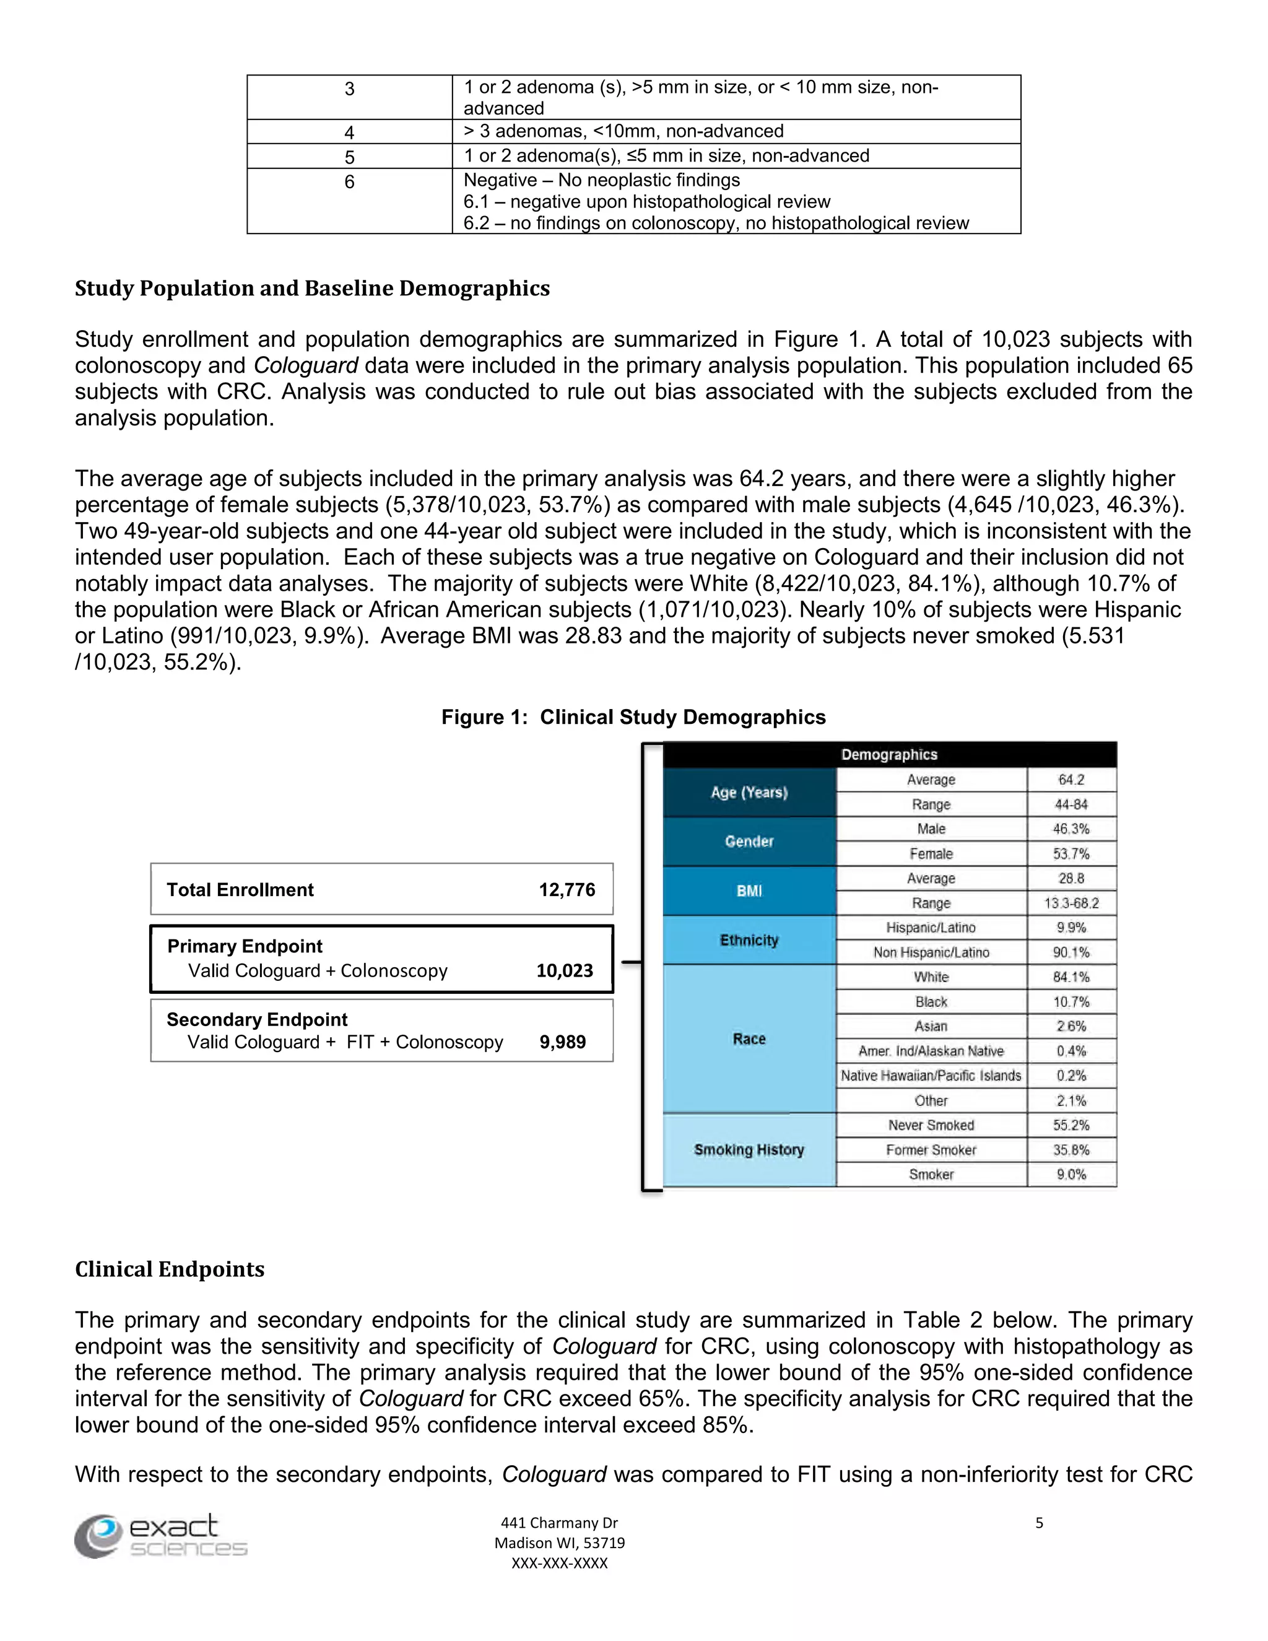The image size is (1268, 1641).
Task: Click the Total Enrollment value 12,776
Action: [567, 890]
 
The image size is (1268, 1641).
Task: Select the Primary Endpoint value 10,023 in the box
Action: [564, 971]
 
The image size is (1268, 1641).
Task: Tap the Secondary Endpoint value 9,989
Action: [562, 1042]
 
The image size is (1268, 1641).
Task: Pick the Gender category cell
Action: [749, 842]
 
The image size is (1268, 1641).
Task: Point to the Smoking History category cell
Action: [749, 1149]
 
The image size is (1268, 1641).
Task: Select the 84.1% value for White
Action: [1070, 977]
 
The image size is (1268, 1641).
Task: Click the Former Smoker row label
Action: [931, 1149]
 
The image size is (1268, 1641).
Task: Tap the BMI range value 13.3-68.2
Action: [1070, 903]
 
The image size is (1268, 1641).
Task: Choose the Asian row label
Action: [931, 1026]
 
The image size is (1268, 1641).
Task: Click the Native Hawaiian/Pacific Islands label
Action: [931, 1075]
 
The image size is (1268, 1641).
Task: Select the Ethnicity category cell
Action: [749, 940]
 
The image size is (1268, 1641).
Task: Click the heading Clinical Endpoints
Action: [170, 1269]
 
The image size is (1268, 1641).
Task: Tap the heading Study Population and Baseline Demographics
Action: [312, 289]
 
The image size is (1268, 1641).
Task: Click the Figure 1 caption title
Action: [633, 718]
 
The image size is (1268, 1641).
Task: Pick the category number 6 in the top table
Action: [349, 182]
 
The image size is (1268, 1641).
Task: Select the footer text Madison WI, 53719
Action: [559, 1543]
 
